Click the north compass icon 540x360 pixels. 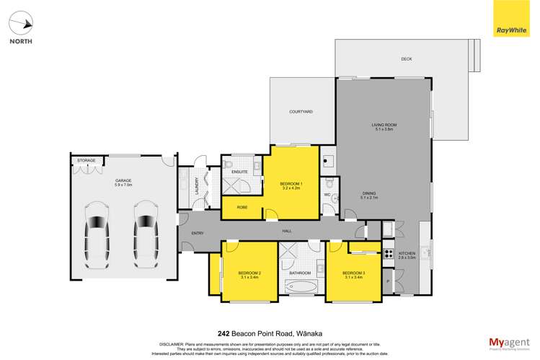coord(21,25)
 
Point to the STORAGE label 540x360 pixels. coord(87,160)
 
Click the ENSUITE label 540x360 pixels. coord(240,172)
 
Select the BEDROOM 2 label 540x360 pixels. coord(249,274)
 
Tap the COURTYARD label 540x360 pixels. coord(301,112)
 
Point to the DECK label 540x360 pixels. coord(407,59)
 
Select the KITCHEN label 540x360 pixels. coord(408,254)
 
